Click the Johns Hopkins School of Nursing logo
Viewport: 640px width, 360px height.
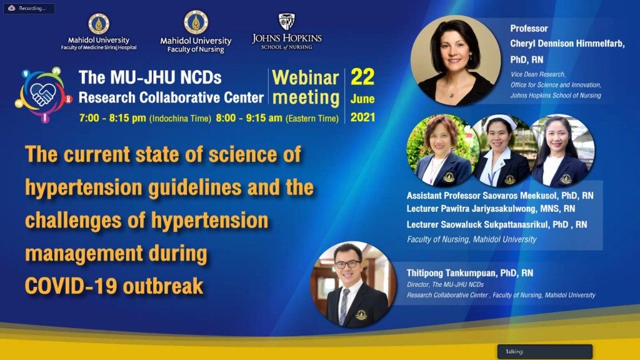click(286, 32)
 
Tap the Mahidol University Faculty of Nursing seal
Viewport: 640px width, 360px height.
click(196, 22)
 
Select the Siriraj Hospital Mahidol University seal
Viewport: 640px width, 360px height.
click(99, 24)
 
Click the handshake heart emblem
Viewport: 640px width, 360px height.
click(43, 94)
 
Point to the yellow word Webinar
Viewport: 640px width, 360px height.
click(305, 77)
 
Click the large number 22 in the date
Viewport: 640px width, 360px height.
click(362, 77)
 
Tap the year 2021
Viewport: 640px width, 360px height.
click(362, 117)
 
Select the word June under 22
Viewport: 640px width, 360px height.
click(362, 99)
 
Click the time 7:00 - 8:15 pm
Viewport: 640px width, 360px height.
click(112, 118)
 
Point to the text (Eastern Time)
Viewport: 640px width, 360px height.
click(312, 119)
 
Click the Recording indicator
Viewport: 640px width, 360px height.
click(29, 8)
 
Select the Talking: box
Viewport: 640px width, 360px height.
click(544, 351)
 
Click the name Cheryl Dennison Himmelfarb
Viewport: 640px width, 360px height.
click(567, 44)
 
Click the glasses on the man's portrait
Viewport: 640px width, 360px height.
click(347, 264)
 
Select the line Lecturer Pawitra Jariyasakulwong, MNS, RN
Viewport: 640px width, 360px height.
click(491, 209)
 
